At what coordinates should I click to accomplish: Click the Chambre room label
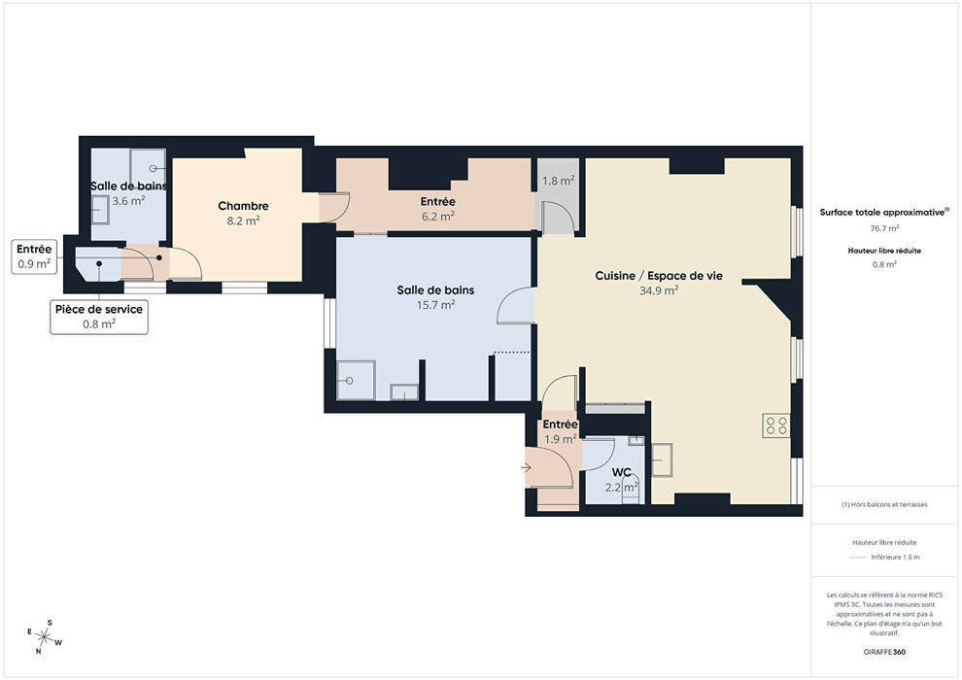243,206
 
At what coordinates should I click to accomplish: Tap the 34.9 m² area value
659,290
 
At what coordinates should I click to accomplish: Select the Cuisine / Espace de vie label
659,276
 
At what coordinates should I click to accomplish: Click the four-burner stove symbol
776,425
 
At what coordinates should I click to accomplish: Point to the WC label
622,473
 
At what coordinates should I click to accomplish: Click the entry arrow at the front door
526,468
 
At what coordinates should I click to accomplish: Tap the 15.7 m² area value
435,305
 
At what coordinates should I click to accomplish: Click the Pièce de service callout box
99,317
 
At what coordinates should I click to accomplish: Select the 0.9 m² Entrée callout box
34,256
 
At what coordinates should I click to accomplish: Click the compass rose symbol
44,636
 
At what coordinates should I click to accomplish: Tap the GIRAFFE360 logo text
884,652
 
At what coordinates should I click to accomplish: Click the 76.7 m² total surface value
884,228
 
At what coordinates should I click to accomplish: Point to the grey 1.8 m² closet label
559,181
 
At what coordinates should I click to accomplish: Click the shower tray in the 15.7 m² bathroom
356,380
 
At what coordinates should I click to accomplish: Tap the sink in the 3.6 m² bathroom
100,211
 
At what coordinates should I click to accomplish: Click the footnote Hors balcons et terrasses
884,504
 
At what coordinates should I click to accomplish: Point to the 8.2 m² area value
243,221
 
